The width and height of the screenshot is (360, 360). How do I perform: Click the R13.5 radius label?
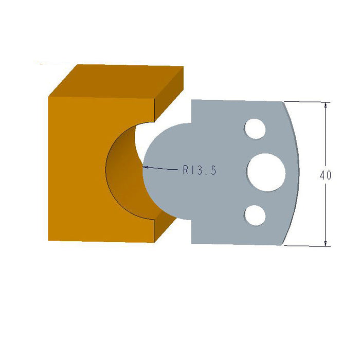coord(200,170)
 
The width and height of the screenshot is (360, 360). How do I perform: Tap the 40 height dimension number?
coord(325,175)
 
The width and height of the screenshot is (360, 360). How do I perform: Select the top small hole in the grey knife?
coord(255,129)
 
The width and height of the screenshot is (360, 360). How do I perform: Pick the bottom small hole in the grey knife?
coord(255,215)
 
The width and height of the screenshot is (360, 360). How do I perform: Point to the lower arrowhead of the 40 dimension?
coord(326,242)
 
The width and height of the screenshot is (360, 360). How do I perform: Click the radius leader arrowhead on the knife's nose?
coord(146,167)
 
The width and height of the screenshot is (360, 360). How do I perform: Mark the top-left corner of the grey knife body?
coord(192,100)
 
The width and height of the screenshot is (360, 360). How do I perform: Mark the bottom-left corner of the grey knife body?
coord(192,243)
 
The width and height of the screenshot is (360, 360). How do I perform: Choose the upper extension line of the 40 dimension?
coord(309,102)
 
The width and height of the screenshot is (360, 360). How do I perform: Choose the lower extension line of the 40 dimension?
coord(309,246)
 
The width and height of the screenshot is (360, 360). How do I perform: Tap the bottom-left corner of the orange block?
coord(49,240)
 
